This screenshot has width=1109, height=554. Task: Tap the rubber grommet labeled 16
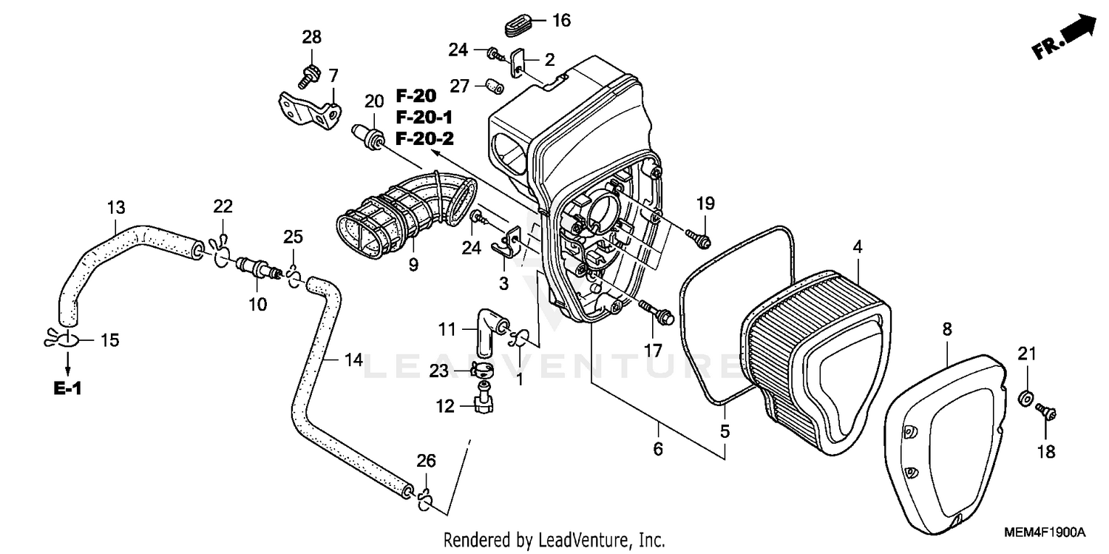pos(520,27)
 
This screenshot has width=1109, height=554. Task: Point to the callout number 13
pos(116,207)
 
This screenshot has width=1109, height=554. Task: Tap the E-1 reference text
pos(67,389)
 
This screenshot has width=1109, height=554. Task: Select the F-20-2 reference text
pos(424,138)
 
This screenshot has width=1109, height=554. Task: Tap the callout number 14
pos(353,360)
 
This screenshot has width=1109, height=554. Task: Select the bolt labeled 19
pos(699,238)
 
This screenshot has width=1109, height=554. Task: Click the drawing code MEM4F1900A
pos(1044,533)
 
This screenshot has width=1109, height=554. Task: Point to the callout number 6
pos(658,448)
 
